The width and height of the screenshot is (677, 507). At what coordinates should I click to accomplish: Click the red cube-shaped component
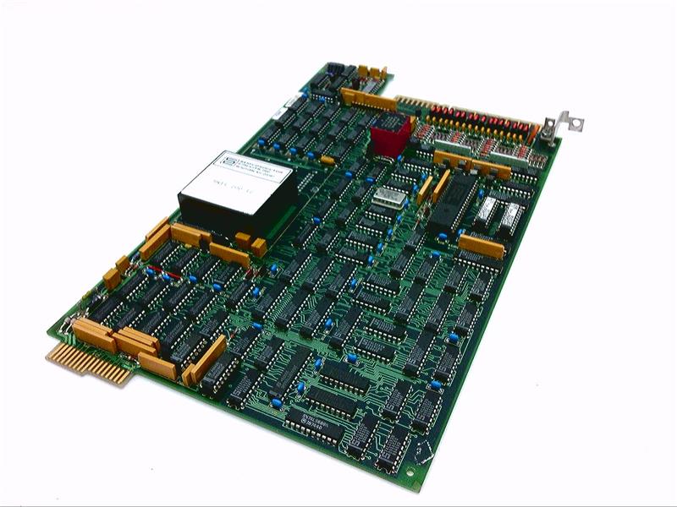[389, 135]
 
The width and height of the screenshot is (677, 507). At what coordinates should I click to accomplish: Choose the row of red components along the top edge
[478, 123]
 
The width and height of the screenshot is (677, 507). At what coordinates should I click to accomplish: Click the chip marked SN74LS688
[313, 420]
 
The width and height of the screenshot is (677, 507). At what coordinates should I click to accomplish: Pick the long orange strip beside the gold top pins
[369, 100]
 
